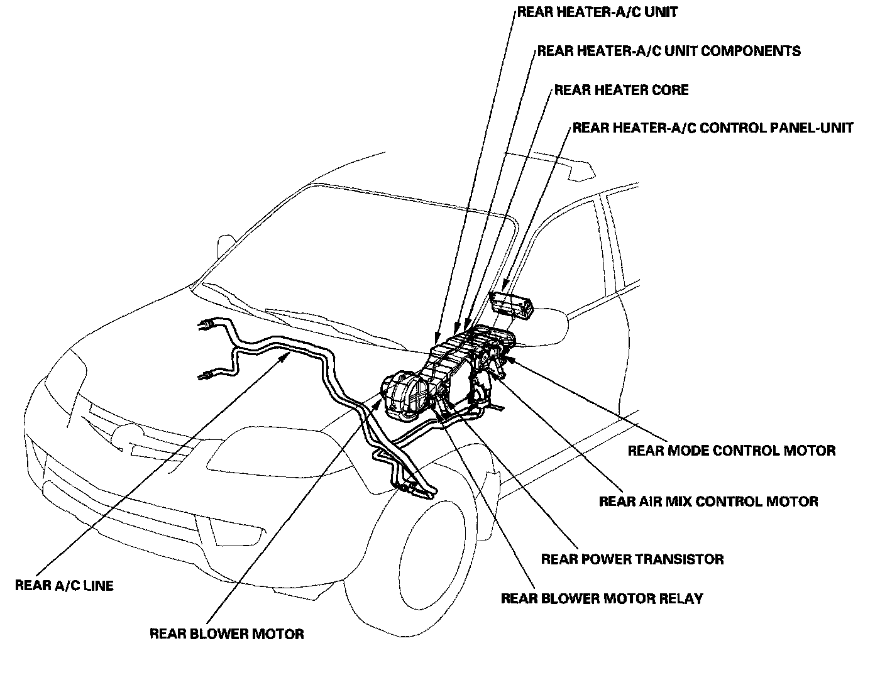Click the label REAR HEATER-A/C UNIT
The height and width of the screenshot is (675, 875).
coord(597,12)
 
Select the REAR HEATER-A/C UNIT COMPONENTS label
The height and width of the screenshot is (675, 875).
coord(669,51)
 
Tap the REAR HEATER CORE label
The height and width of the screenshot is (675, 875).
coord(621,90)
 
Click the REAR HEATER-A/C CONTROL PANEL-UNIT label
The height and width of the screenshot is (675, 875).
coord(713,128)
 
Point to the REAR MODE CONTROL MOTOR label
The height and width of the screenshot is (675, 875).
coord(732,451)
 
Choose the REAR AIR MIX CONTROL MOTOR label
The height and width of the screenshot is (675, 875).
coord(708,502)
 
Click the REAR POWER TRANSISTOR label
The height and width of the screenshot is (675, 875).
coord(632,559)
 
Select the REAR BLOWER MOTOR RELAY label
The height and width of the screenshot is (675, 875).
coord(602,598)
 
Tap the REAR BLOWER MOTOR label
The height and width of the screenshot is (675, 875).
coord(227,634)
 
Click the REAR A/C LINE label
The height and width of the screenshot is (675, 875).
coord(64,586)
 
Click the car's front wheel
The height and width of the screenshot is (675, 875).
coord(434,553)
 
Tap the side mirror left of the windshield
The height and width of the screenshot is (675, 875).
coord(225,246)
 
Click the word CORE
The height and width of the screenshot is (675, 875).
coord(668,90)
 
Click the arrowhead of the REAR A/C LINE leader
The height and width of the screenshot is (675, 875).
coord(289,356)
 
